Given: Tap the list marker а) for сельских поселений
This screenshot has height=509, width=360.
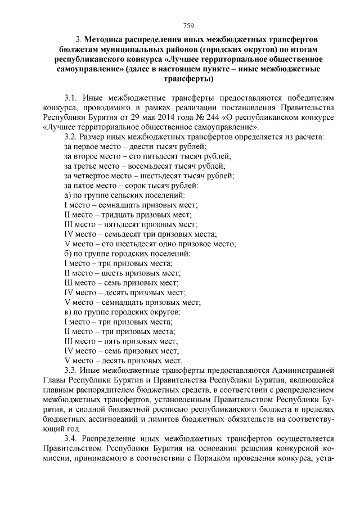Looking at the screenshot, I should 69,195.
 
